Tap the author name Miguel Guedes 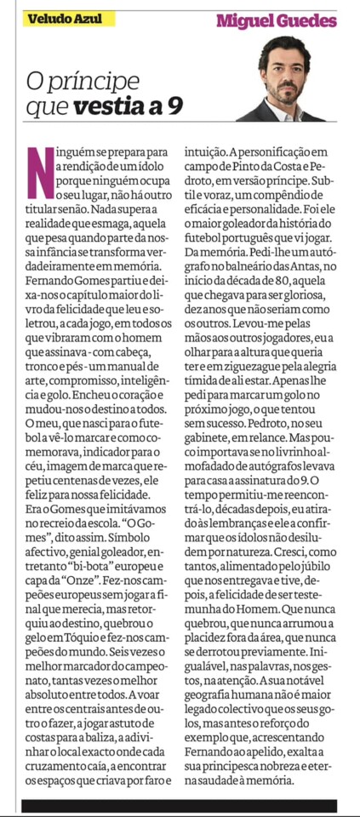point(276,20)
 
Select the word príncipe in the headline point(94,83)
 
